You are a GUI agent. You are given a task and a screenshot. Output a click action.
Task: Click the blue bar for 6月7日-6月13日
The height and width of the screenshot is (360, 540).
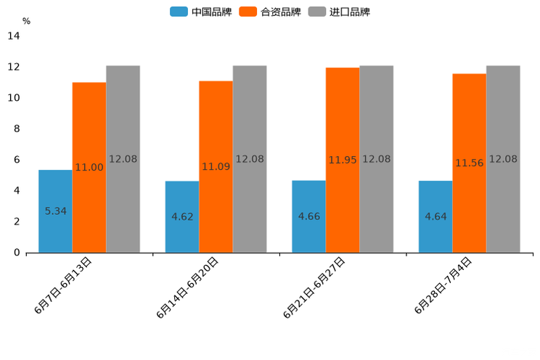(55, 211)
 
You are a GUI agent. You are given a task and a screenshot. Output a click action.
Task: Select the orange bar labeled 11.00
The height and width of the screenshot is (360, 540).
(89, 168)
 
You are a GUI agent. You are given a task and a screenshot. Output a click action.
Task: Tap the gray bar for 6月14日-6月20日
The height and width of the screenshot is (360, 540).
(250, 159)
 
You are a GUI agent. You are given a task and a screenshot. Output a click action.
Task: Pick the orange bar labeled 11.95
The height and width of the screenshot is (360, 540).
(343, 160)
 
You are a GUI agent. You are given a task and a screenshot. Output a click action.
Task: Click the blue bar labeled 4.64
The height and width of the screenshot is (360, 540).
(435, 216)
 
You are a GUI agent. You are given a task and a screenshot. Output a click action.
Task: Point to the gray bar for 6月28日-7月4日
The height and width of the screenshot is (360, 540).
(503, 159)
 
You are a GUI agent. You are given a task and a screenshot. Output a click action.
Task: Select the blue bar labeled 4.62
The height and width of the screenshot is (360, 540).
(182, 216)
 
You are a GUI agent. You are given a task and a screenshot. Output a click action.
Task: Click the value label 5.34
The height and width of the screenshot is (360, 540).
(56, 211)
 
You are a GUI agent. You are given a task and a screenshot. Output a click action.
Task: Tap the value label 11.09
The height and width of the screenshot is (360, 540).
(216, 167)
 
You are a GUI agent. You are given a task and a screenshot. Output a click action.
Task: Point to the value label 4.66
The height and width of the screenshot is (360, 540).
(309, 216)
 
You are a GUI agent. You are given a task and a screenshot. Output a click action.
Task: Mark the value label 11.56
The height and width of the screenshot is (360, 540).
(470, 163)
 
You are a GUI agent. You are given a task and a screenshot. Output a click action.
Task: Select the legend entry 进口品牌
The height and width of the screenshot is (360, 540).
(340, 12)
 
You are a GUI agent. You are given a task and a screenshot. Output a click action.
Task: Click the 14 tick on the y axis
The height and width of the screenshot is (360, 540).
(14, 36)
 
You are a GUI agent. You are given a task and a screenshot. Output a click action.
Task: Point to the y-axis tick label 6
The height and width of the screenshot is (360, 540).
(17, 160)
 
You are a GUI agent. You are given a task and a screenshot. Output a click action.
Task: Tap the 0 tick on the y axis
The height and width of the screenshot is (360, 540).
(17, 253)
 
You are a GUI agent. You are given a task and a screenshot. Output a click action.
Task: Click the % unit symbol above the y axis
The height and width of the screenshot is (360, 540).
(26, 21)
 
